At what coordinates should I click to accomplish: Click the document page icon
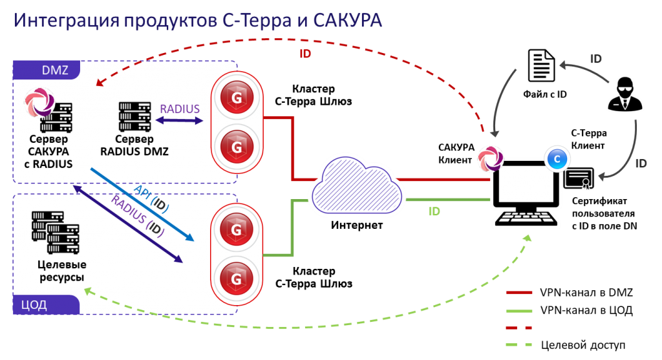(541, 65)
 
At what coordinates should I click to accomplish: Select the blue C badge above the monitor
(556, 158)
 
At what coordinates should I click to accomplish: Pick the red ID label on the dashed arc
(306, 54)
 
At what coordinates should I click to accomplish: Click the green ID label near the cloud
(434, 211)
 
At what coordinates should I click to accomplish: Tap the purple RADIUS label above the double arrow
(180, 109)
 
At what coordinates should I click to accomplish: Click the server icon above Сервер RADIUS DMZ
(134, 116)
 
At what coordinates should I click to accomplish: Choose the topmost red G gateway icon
(236, 99)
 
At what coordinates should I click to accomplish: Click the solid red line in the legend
(518, 293)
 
